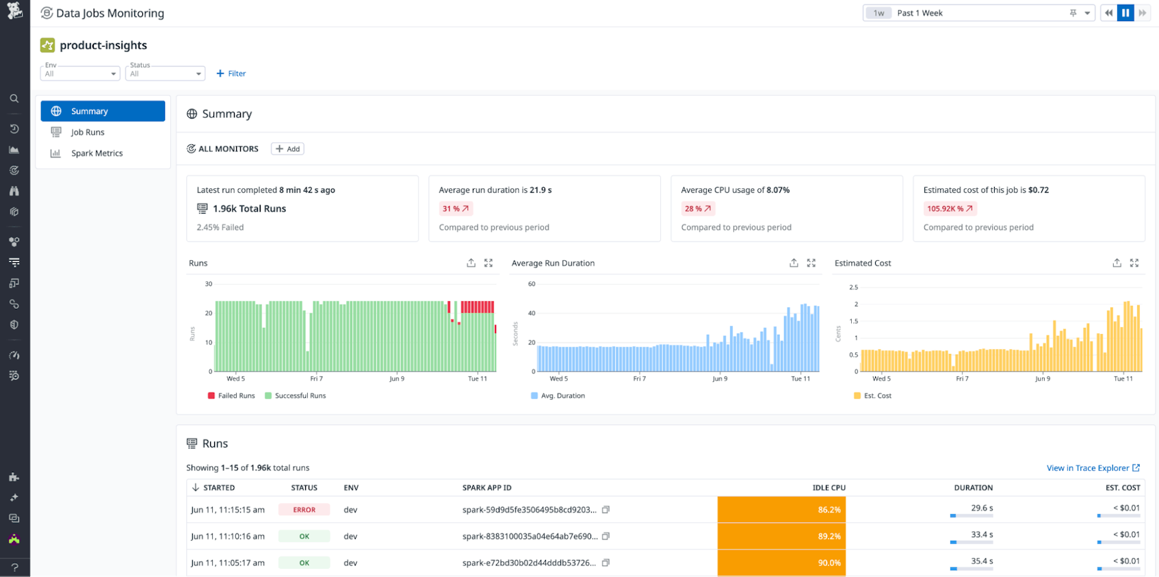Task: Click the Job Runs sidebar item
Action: (x=88, y=132)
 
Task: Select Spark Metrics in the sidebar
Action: (x=96, y=153)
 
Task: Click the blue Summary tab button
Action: (x=103, y=111)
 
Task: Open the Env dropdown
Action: (x=80, y=73)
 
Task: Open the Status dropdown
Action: (x=165, y=73)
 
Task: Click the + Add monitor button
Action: (x=287, y=149)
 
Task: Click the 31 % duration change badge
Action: (x=456, y=209)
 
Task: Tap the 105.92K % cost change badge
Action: (x=949, y=209)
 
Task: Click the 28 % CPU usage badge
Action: (x=698, y=209)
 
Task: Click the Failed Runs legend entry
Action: (x=231, y=396)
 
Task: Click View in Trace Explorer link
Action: (x=1093, y=468)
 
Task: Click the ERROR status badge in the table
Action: (x=304, y=510)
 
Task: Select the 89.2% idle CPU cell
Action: (x=781, y=537)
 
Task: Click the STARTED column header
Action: (x=218, y=488)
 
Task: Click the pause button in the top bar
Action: (x=1125, y=13)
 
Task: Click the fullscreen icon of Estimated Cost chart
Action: (x=1134, y=263)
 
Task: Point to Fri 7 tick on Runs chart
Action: (x=316, y=379)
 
